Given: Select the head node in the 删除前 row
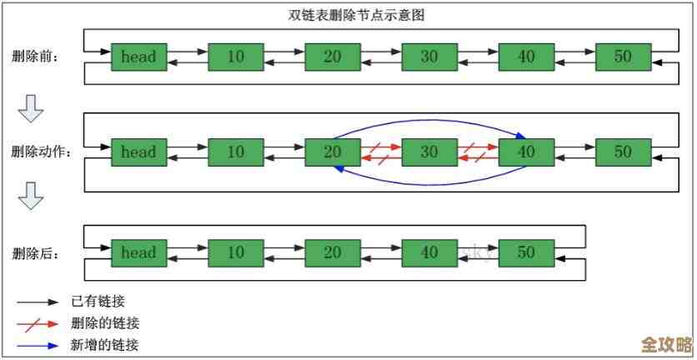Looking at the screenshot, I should point(138,57).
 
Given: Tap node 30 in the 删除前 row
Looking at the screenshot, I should point(429,57).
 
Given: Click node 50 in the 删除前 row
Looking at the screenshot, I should point(623,57).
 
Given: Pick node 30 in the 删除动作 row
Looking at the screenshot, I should point(429,152).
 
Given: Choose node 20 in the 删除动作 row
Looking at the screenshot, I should point(332,152).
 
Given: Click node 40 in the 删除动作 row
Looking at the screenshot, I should point(526,152).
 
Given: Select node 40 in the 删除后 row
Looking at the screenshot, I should point(429,252).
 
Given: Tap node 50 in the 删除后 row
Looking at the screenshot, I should point(526,252).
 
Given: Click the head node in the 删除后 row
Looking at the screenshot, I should point(138,252).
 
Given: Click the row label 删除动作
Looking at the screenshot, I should point(41,152).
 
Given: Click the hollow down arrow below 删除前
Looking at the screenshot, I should point(31,107).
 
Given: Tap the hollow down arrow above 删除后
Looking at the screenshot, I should point(31,197).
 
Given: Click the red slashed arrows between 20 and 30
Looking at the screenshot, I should point(380,152).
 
